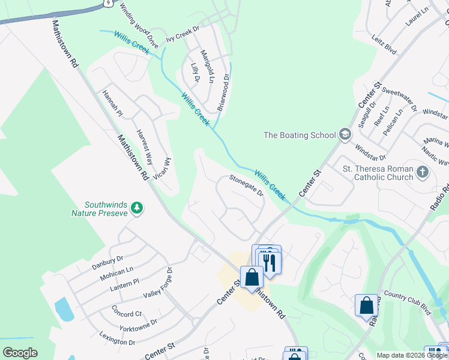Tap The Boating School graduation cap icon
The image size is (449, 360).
(344, 134)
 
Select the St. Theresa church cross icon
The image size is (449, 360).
(423, 173)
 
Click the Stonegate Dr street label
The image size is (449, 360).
(246, 185)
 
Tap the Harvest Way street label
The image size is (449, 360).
(144, 143)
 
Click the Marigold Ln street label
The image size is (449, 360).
(207, 66)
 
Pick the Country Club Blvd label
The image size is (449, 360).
(408, 303)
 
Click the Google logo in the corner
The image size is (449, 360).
(20, 353)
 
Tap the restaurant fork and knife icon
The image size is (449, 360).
(269, 262)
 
